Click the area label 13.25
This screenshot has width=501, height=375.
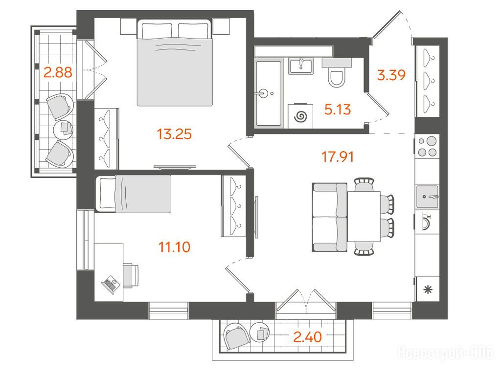(x=174, y=134)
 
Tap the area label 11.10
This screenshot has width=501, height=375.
(x=175, y=247)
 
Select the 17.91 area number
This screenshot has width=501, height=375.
(x=338, y=157)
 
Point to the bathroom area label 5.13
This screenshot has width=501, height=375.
(x=338, y=110)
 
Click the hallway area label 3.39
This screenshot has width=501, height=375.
(x=391, y=75)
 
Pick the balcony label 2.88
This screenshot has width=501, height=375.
(x=58, y=72)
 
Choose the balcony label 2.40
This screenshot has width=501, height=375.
(x=307, y=337)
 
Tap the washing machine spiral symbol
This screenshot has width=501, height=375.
(x=301, y=116)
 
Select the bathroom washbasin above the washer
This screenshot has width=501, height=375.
(x=301, y=66)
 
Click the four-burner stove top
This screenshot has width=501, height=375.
(x=427, y=146)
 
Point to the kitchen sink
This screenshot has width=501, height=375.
(x=427, y=197)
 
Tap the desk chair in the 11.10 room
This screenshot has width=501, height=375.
(x=131, y=276)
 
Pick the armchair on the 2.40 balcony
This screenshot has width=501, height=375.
(x=236, y=337)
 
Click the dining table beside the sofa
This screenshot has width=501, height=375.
(x=364, y=217)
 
